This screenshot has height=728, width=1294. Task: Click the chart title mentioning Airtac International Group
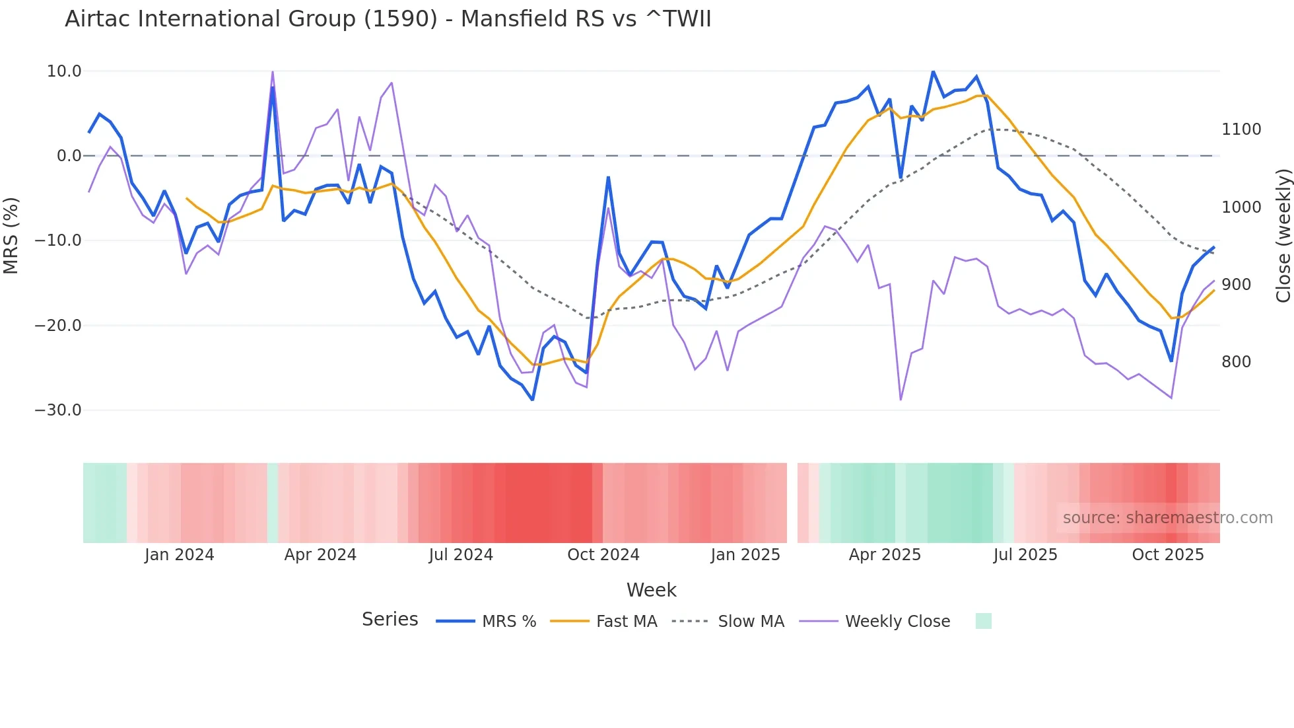coord(388,18)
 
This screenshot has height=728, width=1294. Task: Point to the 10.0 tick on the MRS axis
coord(64,71)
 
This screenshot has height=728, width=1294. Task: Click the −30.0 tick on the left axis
coord(58,410)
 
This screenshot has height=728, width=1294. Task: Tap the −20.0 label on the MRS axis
coord(58,326)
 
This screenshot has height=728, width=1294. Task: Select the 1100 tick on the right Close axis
coord(1241,129)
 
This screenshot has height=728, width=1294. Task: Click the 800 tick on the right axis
coord(1236,362)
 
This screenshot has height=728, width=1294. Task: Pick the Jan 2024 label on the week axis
coord(179,555)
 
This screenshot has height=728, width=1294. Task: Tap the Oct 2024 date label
coord(603,555)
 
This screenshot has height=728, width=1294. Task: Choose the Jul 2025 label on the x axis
coord(1025,555)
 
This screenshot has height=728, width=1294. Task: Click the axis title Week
coord(651,590)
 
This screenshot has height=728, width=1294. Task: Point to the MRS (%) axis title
coord(11,236)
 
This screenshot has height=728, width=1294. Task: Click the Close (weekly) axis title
coord(1283,236)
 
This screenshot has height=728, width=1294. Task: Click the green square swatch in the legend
coord(983,621)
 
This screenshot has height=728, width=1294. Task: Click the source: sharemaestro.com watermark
coord(1167,518)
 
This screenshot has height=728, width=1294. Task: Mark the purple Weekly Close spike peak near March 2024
coord(273,72)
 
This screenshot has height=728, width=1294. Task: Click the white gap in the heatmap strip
coord(792,503)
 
